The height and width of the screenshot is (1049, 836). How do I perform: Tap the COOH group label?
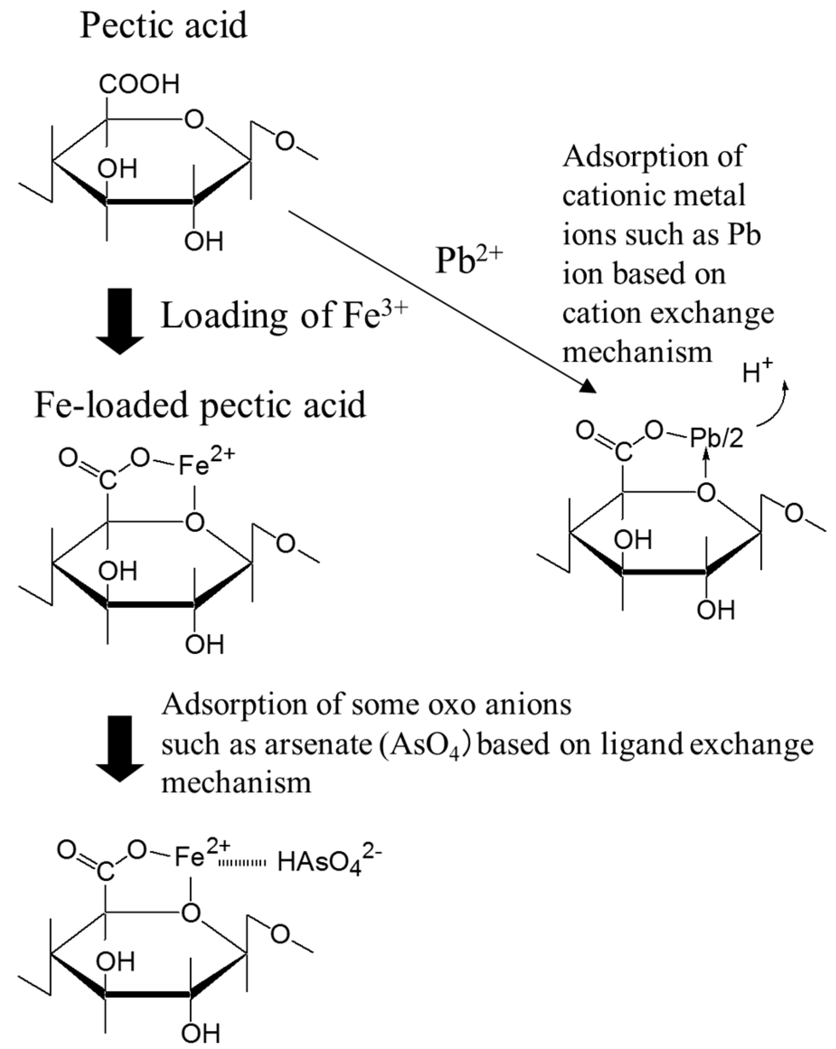139,84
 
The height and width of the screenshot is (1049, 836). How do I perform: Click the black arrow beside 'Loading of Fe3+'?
120,321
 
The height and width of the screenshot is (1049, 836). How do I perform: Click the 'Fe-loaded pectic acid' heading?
200,405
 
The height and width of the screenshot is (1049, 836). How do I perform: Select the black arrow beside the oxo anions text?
120,748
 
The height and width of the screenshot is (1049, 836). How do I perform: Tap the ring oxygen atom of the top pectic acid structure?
194,119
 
